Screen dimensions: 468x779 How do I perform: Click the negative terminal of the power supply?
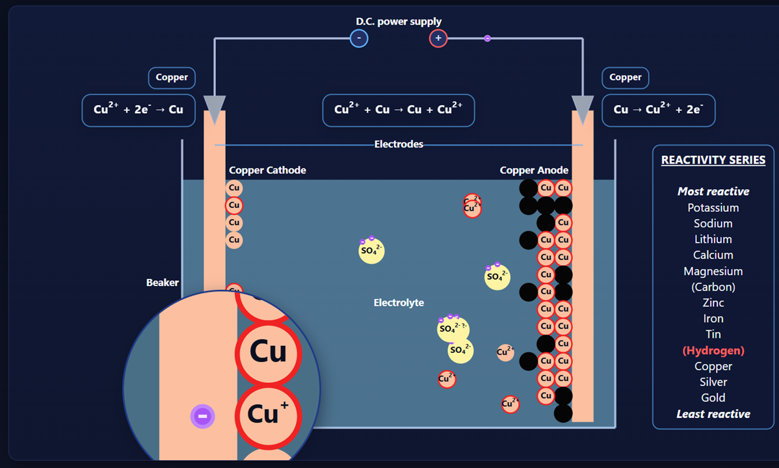tap(358, 38)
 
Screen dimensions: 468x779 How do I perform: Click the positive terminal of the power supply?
tap(438, 38)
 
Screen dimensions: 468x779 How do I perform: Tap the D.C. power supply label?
tap(399, 21)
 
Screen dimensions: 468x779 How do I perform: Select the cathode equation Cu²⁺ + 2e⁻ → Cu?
tap(139, 110)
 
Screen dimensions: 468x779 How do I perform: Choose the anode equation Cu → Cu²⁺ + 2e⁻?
tap(658, 110)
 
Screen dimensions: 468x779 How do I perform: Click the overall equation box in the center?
tap(399, 110)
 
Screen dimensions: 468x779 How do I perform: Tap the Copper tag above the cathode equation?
tap(172, 77)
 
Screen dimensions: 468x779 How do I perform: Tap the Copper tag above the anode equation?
tap(626, 77)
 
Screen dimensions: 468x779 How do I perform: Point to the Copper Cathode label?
tap(267, 170)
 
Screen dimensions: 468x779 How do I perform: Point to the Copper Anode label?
tap(534, 170)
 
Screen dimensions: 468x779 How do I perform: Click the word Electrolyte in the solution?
tap(399, 303)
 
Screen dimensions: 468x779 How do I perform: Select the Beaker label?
tap(162, 283)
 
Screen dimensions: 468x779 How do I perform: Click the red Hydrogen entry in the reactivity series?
tap(713, 350)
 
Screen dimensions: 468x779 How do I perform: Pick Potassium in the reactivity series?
tap(713, 208)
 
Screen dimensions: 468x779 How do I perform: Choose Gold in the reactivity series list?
tap(713, 398)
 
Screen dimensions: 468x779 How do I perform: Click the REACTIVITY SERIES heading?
tap(713, 160)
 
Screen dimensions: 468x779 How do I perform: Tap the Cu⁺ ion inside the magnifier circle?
tap(268, 413)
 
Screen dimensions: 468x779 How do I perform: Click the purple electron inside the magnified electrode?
tap(202, 416)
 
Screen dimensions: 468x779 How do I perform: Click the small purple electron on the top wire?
tap(487, 38)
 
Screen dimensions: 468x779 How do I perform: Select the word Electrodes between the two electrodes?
tap(399, 144)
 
